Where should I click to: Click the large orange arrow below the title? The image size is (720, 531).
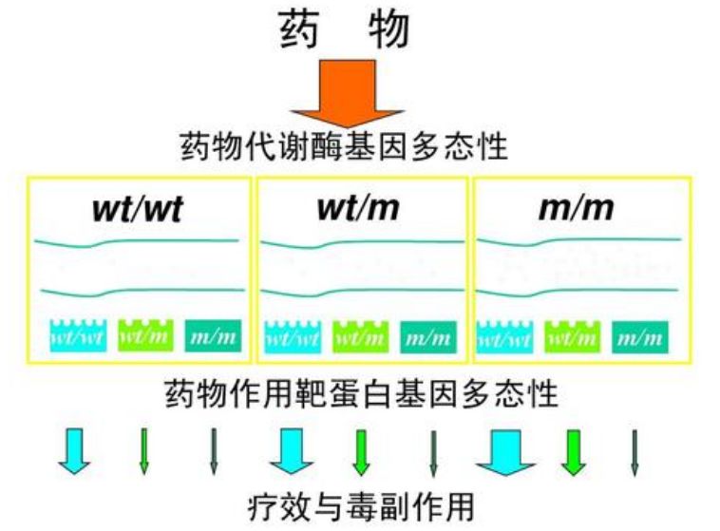coord(347,90)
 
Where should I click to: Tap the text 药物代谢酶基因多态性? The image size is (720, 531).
coord(345,147)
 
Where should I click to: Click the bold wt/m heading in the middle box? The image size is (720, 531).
coord(360,208)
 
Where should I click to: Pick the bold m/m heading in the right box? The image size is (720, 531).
coord(576,208)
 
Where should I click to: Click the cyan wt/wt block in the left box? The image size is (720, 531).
coord(77,334)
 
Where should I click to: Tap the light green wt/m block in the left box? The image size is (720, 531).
coord(144,334)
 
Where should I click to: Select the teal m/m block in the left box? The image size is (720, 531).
coord(213,334)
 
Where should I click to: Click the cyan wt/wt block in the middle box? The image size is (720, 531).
coord(292,334)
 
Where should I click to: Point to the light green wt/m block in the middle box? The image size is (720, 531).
coord(360,334)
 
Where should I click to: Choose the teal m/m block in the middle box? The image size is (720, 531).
coord(428,334)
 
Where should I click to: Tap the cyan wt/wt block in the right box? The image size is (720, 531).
coord(505,334)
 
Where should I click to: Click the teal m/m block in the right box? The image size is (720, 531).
coord(641,334)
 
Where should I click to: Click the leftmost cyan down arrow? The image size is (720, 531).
coord(74,449)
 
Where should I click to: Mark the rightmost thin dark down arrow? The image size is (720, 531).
coord(635,451)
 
